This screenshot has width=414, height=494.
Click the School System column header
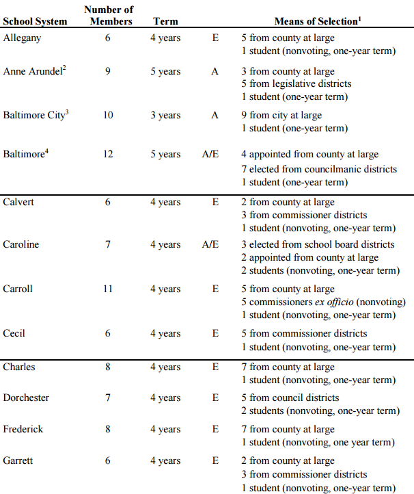35,21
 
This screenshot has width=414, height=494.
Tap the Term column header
165,21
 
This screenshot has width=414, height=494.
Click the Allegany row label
22,38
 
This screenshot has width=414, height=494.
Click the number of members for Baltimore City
108,115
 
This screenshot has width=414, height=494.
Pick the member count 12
108,154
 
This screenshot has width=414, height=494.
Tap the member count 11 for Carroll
108,289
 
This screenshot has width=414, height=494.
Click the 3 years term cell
165,115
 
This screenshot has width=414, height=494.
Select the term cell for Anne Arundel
165,70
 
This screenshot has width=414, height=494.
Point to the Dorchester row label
26,398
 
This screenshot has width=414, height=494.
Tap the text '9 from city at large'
281,115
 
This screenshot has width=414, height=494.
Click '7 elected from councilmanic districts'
318,169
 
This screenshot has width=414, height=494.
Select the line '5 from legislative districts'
296,83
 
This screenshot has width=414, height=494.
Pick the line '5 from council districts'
290,398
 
